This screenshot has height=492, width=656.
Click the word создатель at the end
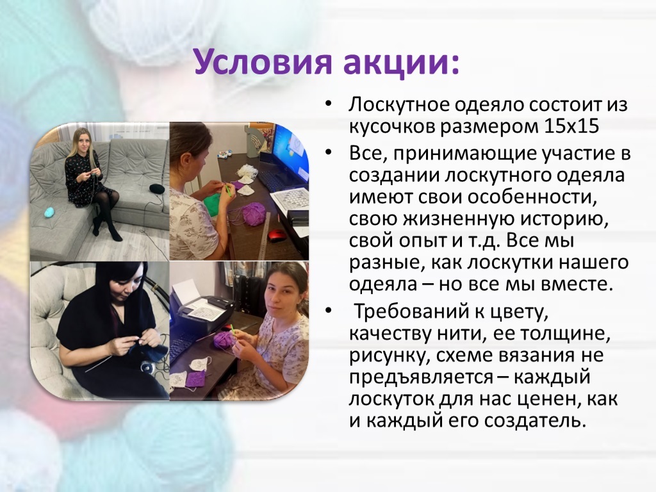coord(534,420)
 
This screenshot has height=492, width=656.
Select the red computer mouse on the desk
coord(277,235)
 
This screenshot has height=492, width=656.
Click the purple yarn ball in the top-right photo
coord(253,214)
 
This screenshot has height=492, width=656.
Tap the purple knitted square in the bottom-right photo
coord(195,380)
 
